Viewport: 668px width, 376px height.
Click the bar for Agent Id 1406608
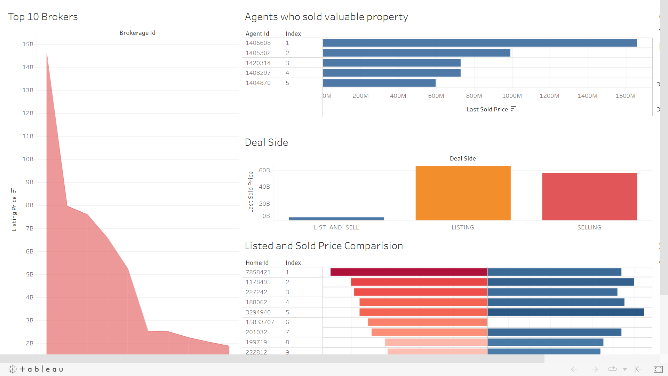479,43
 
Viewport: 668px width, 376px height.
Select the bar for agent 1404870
379,83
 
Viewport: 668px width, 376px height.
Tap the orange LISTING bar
463,193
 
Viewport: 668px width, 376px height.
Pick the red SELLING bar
589,196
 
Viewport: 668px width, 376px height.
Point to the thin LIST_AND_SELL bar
336,219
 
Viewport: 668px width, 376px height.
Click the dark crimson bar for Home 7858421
408,272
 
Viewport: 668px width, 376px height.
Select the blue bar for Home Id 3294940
565,312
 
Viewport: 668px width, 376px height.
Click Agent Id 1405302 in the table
258,53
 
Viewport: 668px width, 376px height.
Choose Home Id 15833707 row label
260,322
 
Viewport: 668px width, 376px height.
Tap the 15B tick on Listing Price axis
28,44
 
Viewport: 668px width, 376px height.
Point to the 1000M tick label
511,96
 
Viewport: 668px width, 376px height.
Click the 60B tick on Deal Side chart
264,170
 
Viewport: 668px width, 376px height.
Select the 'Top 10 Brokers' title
43,17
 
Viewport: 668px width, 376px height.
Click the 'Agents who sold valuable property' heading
326,17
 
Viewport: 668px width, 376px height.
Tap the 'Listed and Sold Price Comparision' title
324,246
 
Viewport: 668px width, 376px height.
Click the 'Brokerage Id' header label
137,33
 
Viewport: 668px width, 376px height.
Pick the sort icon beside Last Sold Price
513,109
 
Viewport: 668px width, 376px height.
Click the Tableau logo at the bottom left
36,369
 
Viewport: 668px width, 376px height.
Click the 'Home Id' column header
257,263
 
